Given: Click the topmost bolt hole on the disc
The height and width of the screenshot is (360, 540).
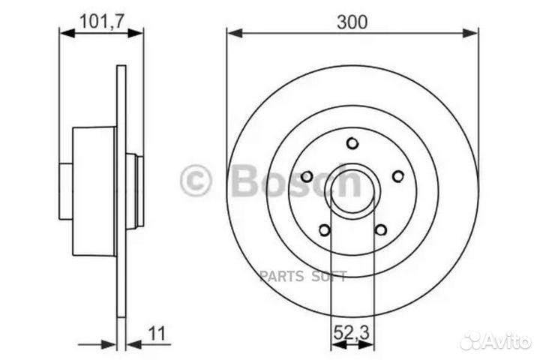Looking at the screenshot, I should coord(352,143).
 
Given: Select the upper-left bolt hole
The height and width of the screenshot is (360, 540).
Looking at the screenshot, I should coord(307,176).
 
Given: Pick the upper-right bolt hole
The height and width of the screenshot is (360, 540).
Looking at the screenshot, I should coord(398,176).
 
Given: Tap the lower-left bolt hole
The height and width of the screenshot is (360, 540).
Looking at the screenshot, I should coord(324,229).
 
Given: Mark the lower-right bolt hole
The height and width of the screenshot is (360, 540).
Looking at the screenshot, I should coord(381,229).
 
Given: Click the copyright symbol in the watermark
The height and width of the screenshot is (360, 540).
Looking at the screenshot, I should coord(196,181).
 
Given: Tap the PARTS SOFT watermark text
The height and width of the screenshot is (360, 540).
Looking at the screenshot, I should coord(302,277).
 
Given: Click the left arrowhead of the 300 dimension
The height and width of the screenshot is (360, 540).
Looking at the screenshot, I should coord(232,33).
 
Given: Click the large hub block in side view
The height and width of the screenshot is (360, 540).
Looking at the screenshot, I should coord(94,190).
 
